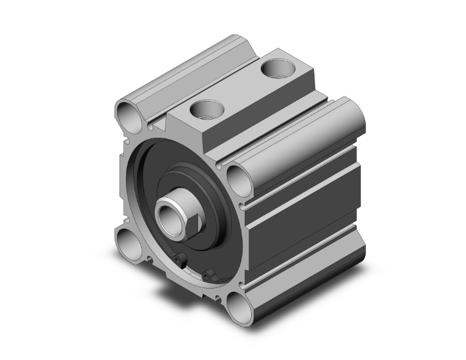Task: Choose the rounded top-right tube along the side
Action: [x=301, y=135]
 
